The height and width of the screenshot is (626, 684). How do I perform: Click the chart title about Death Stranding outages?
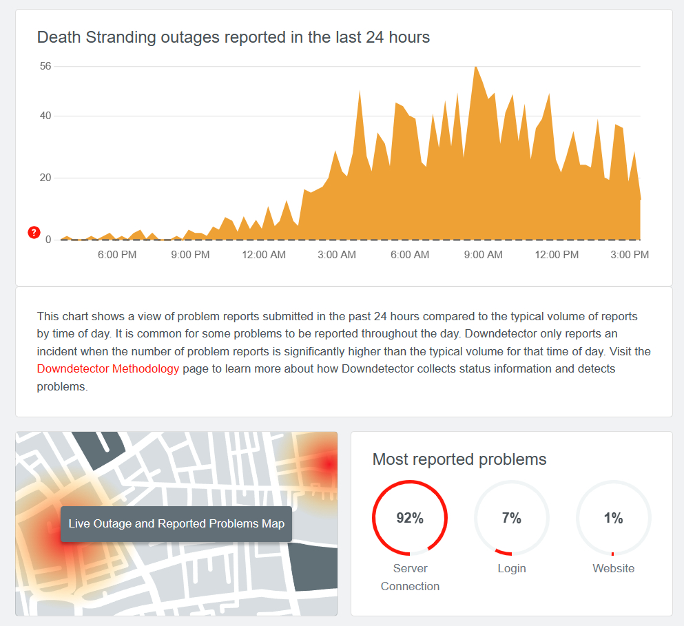pos(234,37)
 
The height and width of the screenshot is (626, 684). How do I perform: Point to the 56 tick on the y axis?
pos(45,66)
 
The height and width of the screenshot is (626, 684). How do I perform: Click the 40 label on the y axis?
pos(45,116)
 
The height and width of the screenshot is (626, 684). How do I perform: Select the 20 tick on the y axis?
pos(45,178)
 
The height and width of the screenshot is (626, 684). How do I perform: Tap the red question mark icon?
pos(34,233)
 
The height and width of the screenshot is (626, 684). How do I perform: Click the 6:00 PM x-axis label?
pos(117,255)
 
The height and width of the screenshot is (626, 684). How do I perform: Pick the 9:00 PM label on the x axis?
pos(190,255)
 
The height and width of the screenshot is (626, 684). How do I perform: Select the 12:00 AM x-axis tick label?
pos(264,255)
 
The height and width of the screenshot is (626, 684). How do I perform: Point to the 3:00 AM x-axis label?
pos(337,255)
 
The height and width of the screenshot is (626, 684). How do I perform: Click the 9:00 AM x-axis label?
pos(484,255)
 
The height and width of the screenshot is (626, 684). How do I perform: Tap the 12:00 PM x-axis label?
pos(557,255)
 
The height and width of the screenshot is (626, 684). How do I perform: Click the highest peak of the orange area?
pos(475,67)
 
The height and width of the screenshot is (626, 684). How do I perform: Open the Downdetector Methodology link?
pos(108,369)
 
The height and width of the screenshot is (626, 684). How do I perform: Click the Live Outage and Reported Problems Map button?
pos(176,524)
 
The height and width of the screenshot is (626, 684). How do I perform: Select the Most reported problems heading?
pos(459,459)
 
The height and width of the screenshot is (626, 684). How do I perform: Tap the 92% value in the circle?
pos(410,519)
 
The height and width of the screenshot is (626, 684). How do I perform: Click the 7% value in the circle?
pos(512,519)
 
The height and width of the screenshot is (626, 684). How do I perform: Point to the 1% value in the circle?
pos(613,519)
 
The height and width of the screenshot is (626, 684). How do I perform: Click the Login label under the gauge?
pos(512,568)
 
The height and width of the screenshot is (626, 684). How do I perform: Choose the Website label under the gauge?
pos(613,568)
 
